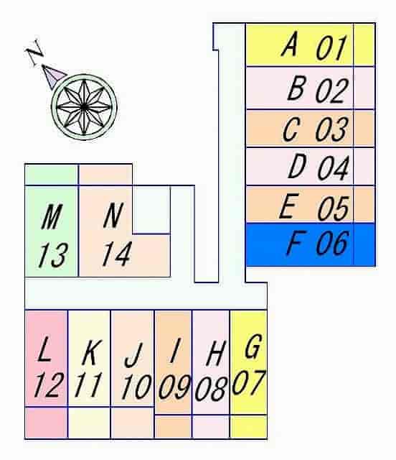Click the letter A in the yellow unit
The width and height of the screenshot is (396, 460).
[x=290, y=44]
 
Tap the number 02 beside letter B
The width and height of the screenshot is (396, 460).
[x=332, y=91]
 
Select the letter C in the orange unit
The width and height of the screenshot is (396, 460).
[x=291, y=129]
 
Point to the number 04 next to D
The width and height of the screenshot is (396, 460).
[x=334, y=167]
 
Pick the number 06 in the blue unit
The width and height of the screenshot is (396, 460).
[x=332, y=243]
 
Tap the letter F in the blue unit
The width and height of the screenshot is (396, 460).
[x=296, y=242]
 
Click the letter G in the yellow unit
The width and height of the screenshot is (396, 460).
[x=253, y=346]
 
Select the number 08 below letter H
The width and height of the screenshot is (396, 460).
[x=211, y=388]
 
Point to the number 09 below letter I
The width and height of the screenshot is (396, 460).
[x=174, y=387]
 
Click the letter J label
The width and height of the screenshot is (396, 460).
[x=133, y=355]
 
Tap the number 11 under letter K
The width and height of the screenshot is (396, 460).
[x=88, y=385]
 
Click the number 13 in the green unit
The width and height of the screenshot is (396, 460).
[x=53, y=255]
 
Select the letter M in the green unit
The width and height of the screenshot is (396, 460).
[x=52, y=216]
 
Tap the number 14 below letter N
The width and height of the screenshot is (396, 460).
[x=117, y=254]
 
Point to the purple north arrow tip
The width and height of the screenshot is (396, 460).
[x=43, y=65]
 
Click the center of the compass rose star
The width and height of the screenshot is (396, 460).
[x=84, y=107]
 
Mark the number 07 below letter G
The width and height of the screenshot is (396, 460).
[x=249, y=382]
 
